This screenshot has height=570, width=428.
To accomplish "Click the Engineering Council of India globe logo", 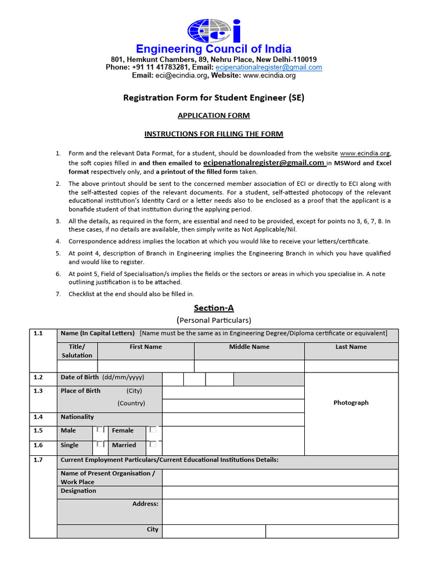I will (x=214, y=31).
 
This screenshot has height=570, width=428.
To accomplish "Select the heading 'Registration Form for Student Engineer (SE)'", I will (x=214, y=98).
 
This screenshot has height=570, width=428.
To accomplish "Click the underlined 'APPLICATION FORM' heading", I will (x=214, y=116).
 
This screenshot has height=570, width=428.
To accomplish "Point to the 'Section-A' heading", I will (x=214, y=308).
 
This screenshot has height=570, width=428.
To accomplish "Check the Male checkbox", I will (x=100, y=430).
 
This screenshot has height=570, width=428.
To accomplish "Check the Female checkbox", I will (x=153, y=430).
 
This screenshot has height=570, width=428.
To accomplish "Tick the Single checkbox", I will (x=100, y=444).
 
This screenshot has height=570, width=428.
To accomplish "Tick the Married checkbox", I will (x=153, y=444).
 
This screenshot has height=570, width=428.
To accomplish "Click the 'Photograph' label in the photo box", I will (x=351, y=402).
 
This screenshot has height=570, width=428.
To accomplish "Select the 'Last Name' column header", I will (x=351, y=347).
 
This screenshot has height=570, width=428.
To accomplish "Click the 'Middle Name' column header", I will (x=249, y=347).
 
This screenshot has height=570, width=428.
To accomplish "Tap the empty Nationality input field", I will (x=233, y=420).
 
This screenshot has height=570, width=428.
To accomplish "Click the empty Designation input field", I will (x=280, y=493).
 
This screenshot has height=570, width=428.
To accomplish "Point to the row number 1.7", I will (x=38, y=460).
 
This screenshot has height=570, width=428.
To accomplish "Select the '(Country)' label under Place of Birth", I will (x=131, y=403).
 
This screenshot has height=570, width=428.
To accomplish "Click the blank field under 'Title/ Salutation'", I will (x=77, y=366).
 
